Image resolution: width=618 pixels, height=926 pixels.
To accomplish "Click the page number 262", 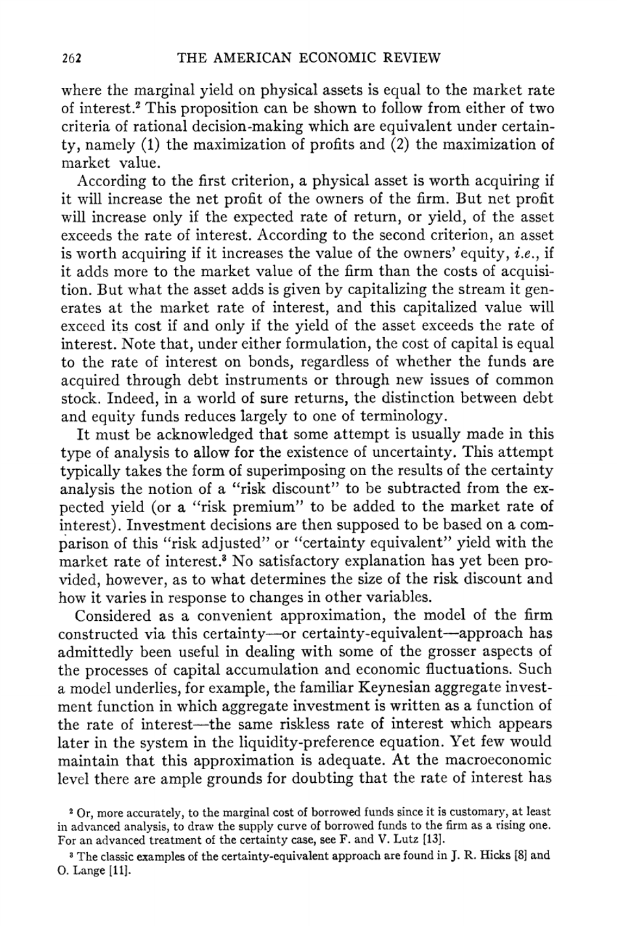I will pos(70,59).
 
